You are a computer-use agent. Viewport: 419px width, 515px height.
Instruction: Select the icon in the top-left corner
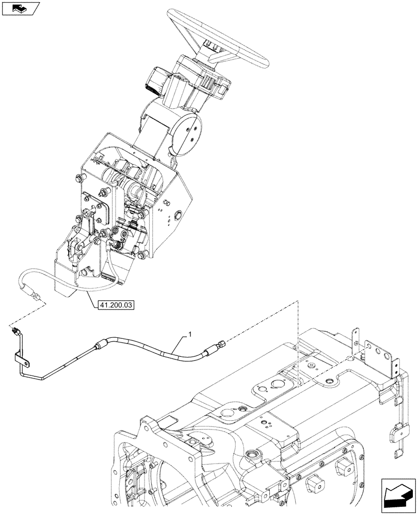(x=20, y=8)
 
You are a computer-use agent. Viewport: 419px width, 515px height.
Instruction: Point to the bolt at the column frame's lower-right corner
(x=143, y=253)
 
